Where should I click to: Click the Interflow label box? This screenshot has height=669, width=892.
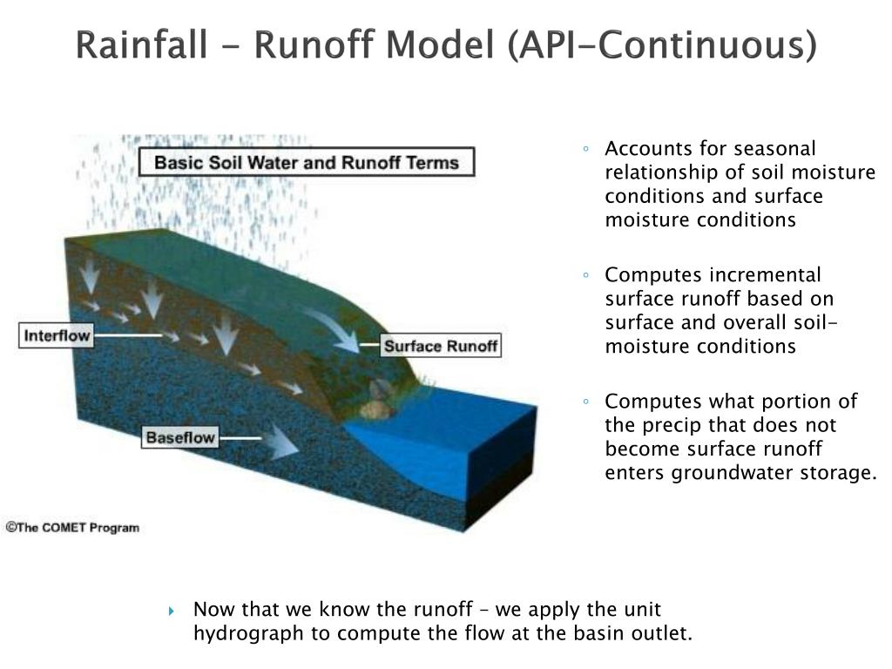(56, 335)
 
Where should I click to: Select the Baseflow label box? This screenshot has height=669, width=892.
(179, 437)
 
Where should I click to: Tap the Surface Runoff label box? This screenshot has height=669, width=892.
(441, 346)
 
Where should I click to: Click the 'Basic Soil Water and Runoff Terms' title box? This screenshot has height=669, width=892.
(306, 162)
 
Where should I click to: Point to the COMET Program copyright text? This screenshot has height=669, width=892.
(72, 527)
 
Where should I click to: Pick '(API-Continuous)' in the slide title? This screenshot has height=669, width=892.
(661, 45)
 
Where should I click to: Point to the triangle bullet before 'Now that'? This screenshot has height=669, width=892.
(172, 610)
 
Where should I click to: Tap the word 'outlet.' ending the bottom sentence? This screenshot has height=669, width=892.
(666, 633)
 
